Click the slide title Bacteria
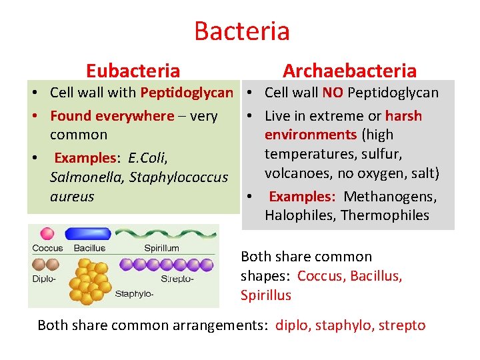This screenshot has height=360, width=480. pyautogui.click(x=241, y=31)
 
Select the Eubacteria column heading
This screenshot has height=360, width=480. pyautogui.click(x=133, y=71)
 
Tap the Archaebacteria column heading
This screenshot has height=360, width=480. pyautogui.click(x=349, y=71)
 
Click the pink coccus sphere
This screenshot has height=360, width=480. pyautogui.click(x=47, y=234)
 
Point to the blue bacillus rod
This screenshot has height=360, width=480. pyautogui.click(x=88, y=235)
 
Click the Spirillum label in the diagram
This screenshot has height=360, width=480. pyautogui.click(x=161, y=248)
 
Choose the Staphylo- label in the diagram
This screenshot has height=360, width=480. pyautogui.click(x=135, y=293)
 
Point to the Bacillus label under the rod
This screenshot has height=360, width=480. pyautogui.click(x=89, y=248)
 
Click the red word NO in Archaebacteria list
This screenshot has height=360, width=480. pyautogui.click(x=333, y=93)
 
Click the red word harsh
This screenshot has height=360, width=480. pyautogui.click(x=403, y=116)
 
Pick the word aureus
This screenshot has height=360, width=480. pyautogui.click(x=72, y=197)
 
